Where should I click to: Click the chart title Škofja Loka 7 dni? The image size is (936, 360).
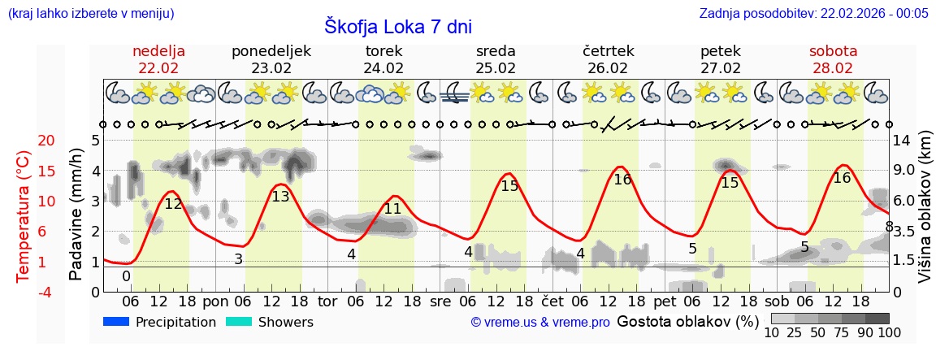tap(397, 26)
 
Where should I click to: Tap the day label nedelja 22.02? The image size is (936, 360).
tap(158, 59)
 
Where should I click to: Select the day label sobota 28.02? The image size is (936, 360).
tap(833, 59)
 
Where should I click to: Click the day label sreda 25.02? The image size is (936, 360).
tap(496, 59)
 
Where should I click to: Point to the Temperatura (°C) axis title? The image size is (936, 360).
tap(24, 215)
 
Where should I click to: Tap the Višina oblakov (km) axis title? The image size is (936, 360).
tap(925, 215)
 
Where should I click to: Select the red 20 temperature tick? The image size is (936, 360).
tap(24, 141)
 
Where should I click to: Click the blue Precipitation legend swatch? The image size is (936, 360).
tap(116, 322)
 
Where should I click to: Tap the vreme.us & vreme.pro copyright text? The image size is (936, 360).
tap(540, 323)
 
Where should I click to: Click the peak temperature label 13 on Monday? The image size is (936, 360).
tap(280, 197)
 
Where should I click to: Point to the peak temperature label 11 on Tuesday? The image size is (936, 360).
tap(392, 209)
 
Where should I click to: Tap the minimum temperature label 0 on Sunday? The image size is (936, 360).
tap(126, 276)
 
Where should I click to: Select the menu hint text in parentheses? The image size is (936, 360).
tap(90, 14)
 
